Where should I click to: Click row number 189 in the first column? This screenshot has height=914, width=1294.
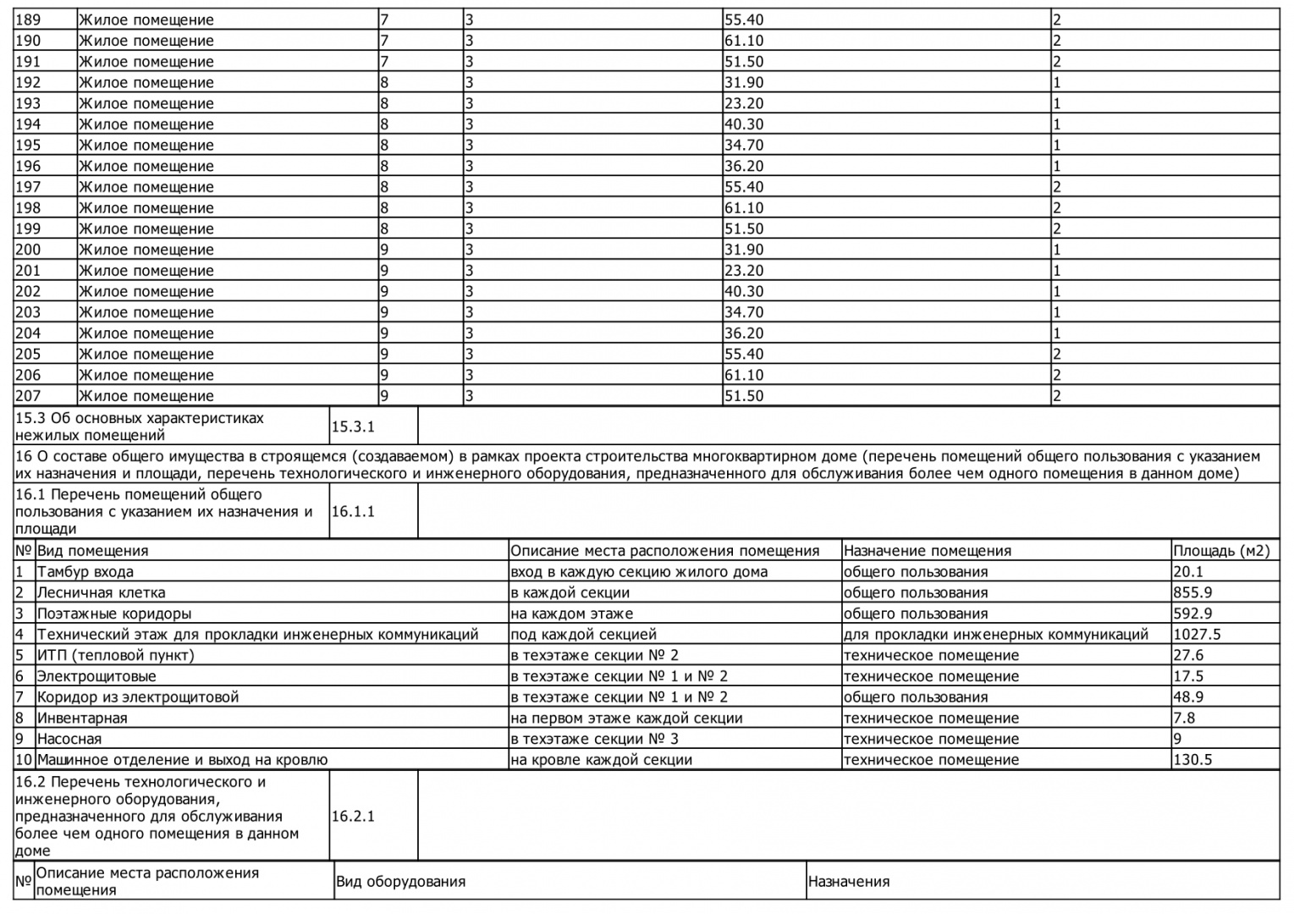pyautogui.click(x=28, y=19)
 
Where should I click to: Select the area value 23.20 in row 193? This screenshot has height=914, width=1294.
pyautogui.click(x=744, y=103)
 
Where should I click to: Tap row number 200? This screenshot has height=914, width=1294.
pyautogui.click(x=28, y=250)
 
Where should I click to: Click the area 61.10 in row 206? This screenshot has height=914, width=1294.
pyautogui.click(x=744, y=375)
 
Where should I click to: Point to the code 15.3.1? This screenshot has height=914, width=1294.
pyautogui.click(x=352, y=427)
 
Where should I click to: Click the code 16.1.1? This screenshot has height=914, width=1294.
pyautogui.click(x=352, y=511)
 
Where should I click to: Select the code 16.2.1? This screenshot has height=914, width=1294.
pyautogui.click(x=352, y=816)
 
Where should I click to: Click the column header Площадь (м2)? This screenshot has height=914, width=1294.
pyautogui.click(x=1221, y=551)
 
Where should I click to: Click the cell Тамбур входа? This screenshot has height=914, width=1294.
pyautogui.click(x=85, y=572)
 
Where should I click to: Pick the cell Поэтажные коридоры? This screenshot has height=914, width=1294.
pyautogui.click(x=113, y=614)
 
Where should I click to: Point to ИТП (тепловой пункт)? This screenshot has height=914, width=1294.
pyautogui.click(x=115, y=655)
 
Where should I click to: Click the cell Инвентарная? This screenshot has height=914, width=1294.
pyautogui.click(x=81, y=718)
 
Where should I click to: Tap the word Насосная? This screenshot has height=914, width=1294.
pyautogui.click(x=69, y=739)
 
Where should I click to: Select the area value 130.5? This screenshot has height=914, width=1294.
pyautogui.click(x=1192, y=759)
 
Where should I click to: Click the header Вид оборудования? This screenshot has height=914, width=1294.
pyautogui.click(x=400, y=882)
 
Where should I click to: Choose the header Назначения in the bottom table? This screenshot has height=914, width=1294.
pyautogui.click(x=848, y=882)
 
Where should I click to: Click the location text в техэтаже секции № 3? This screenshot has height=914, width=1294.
pyautogui.click(x=594, y=739)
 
